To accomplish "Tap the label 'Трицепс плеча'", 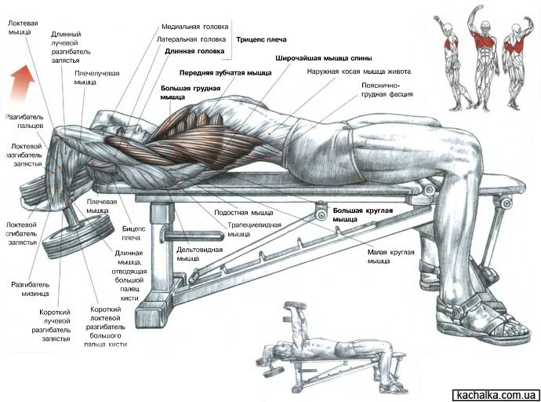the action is [x=261, y=39].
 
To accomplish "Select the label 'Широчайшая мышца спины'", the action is [x=323, y=58].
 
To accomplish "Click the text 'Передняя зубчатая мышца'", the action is [x=225, y=73].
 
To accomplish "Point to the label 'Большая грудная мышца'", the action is [x=190, y=93].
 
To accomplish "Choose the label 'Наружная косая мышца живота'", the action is [x=359, y=71].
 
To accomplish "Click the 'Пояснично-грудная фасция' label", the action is [x=387, y=90].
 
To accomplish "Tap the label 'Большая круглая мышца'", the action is [x=362, y=215].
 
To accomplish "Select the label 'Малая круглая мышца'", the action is [x=390, y=257].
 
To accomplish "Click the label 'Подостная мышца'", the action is [x=244, y=213].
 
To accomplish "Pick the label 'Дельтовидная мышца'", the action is [x=199, y=254].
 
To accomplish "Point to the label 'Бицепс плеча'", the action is [x=133, y=233].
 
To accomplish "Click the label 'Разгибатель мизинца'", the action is [x=31, y=290].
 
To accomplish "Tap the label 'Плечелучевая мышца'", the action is [x=96, y=78].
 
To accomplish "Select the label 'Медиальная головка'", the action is [x=194, y=27].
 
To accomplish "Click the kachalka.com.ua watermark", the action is [x=496, y=395].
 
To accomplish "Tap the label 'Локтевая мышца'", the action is [x=23, y=27].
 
